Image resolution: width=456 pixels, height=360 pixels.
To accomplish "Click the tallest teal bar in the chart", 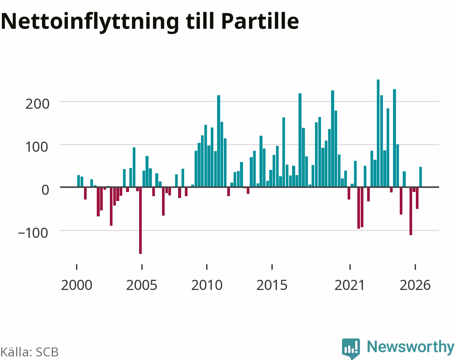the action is tap(378, 133).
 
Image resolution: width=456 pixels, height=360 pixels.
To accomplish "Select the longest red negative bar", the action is tap(141, 220).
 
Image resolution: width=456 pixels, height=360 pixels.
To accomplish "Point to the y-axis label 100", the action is tap(37, 147).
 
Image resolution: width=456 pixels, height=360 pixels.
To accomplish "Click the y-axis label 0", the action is tap(45, 190).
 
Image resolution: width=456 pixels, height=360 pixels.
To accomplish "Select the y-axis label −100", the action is tap(33, 233).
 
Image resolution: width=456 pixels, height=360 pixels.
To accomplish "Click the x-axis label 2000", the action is tap(76, 285).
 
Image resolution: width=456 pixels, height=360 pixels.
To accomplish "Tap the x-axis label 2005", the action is tap(141, 285).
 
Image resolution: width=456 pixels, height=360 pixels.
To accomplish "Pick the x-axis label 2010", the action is tap(207, 285).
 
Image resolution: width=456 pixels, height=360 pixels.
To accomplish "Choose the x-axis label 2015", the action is tap(272, 285).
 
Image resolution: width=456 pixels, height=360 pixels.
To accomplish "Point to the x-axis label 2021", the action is tap(349, 285).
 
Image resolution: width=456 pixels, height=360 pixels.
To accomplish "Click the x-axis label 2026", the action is tap(415, 285).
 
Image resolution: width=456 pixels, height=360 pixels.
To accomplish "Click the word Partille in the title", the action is tap(260, 21).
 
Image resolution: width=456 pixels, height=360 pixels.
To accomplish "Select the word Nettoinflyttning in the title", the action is tap(90, 23).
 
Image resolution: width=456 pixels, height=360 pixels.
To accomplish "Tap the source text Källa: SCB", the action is tap(30, 352).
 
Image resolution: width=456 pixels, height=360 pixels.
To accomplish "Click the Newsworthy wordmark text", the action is tap(411, 347).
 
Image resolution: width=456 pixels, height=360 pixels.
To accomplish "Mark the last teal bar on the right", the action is tap(420, 177).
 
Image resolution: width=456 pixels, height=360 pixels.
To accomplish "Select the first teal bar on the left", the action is tap(78, 181).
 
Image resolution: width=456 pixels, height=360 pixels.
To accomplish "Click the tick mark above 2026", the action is tap(415, 267).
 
